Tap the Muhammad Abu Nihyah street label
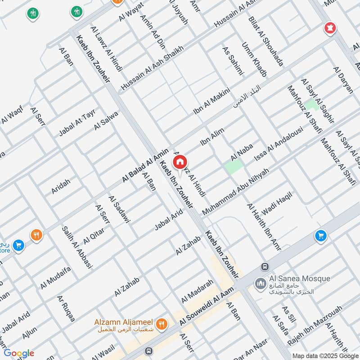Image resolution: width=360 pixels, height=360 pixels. click(x=236, y=191)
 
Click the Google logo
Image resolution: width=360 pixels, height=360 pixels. click(x=19, y=353)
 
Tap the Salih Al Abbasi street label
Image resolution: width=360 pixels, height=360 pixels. click(x=77, y=247)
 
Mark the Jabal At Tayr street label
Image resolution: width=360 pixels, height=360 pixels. click(x=77, y=123)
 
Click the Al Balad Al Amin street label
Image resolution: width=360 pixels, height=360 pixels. click(x=145, y=166)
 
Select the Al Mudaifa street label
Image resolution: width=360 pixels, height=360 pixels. click(x=56, y=278)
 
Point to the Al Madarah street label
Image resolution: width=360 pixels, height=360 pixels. click(x=197, y=292)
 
